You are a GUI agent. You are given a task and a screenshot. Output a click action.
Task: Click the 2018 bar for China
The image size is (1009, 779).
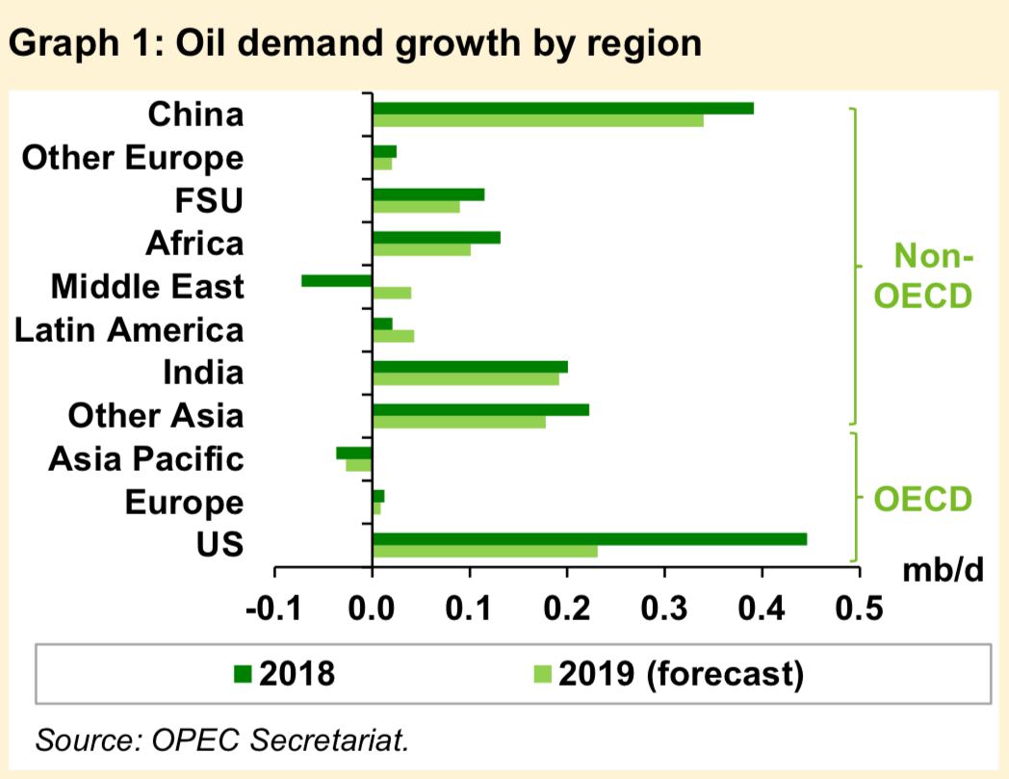click(x=563, y=108)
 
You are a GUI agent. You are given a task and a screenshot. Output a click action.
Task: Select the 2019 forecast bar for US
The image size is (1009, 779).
click(x=485, y=552)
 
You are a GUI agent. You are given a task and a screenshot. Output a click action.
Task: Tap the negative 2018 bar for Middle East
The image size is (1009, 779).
click(x=336, y=280)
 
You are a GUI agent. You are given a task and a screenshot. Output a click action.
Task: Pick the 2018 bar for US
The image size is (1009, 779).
click(x=589, y=539)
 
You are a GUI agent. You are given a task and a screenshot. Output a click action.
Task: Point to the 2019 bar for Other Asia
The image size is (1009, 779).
click(x=459, y=422)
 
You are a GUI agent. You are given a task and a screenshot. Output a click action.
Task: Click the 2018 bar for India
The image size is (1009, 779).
click(x=470, y=367)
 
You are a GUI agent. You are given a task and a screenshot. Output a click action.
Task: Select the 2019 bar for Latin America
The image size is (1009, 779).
click(x=394, y=336)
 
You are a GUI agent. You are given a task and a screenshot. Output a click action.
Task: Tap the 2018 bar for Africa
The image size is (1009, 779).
click(x=436, y=237)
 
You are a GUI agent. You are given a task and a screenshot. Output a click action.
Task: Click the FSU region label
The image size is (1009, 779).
click(x=210, y=201)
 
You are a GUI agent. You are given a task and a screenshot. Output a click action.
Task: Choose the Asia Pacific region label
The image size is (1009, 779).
click(x=146, y=459)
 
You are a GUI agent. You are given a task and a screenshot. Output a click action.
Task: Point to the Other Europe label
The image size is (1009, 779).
click(x=133, y=158)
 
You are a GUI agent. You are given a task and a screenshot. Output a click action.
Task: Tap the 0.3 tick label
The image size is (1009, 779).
click(x=664, y=610)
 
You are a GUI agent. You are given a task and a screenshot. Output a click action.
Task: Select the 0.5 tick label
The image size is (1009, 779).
click(x=859, y=610)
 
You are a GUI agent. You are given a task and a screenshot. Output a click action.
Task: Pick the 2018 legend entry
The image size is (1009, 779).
click(x=284, y=673)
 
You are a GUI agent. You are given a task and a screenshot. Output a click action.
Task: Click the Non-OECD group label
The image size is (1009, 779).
click(x=921, y=276)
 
